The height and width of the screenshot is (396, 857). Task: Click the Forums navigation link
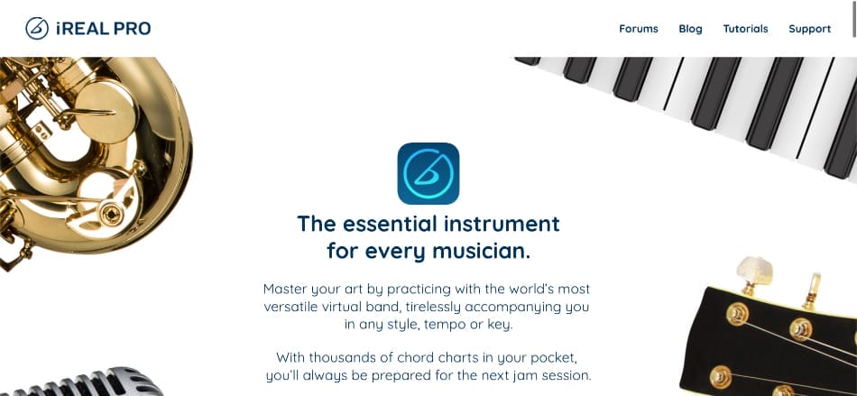[638, 29]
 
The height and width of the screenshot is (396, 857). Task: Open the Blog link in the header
[690, 29]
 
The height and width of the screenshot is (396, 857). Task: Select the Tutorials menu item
[745, 29]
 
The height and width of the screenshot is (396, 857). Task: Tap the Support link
[809, 29]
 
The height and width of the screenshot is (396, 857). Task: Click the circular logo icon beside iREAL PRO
[37, 29]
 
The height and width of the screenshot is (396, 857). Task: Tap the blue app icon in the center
[428, 173]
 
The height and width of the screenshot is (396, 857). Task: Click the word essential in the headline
[389, 223]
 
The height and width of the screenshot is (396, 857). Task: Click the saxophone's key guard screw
[112, 214]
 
